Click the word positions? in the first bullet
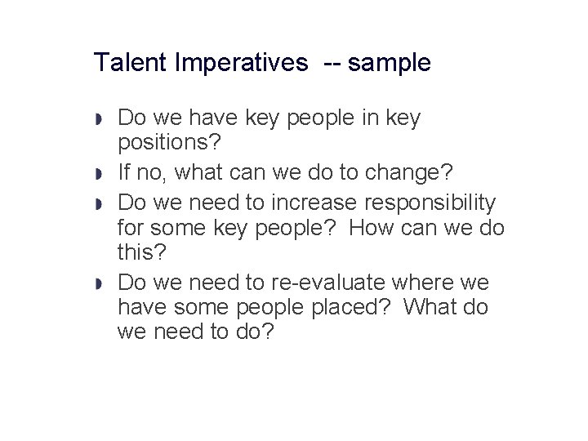tap(169, 143)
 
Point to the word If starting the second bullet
tap(125, 173)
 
